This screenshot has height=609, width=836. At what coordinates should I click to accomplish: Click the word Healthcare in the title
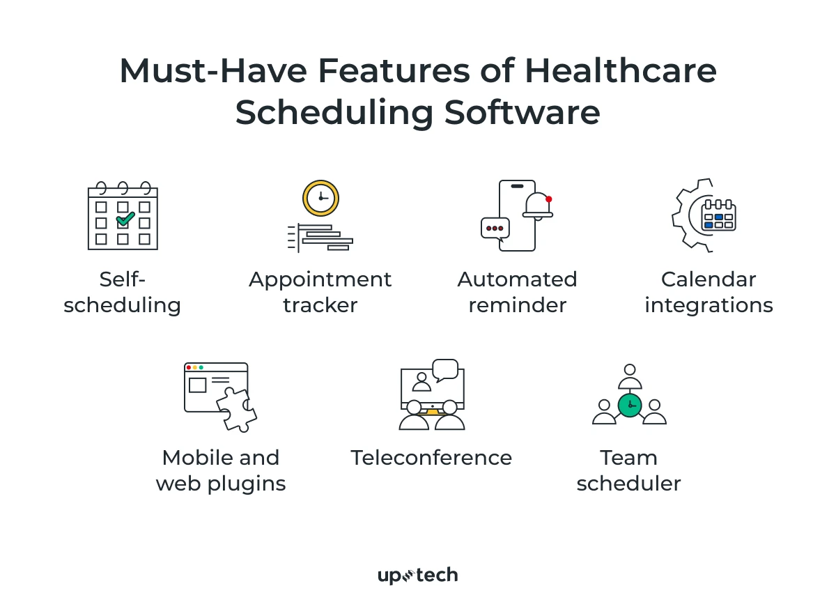pos(620,72)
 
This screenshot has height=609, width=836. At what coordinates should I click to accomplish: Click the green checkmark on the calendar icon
pos(125,219)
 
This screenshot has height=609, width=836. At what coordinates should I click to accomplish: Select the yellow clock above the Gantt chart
pos(320,198)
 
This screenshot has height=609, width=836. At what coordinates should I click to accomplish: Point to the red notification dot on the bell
pos(548,199)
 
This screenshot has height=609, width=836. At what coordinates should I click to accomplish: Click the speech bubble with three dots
pos(495,228)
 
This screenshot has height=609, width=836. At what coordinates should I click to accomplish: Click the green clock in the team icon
pos(629,405)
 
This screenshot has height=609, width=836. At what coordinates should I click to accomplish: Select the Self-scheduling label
pos(123,292)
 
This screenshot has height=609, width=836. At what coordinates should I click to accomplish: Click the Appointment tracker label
pos(320,292)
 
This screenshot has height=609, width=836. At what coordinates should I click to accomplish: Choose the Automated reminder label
pos(517,292)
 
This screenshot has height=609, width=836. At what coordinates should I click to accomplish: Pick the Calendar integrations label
pos(709,292)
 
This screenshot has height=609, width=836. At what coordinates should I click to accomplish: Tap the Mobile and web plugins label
pos(221,470)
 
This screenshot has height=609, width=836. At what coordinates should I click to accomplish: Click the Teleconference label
pos(431,458)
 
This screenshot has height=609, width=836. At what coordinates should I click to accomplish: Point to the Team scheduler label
pos(628,470)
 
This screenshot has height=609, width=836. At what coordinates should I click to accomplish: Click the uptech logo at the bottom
pos(417,576)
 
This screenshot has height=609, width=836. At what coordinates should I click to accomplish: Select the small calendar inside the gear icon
pos(719,215)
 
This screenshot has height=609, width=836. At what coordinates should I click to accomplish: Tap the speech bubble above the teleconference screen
pos(444,369)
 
